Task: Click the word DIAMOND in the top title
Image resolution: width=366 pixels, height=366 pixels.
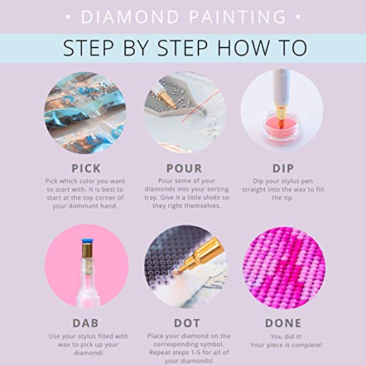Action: [x=130, y=17]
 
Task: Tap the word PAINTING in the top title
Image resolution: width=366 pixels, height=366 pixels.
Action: [x=238, y=17]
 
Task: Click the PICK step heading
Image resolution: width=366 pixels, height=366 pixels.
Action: [x=86, y=168]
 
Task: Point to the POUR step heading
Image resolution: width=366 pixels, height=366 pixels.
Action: [x=184, y=168]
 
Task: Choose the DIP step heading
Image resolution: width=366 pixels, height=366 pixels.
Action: [x=283, y=168]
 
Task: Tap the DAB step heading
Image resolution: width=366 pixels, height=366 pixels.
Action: [x=86, y=324]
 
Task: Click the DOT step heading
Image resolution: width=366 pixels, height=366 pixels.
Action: [x=187, y=324]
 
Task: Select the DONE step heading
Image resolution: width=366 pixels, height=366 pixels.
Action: [x=283, y=324]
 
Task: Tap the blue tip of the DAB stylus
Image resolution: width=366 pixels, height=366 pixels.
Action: [x=87, y=241]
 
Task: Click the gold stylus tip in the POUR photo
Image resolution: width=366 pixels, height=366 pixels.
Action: [x=167, y=98]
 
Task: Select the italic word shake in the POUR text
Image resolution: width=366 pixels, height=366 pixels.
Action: [x=212, y=198]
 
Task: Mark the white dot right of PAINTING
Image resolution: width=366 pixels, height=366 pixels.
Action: [x=298, y=17]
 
